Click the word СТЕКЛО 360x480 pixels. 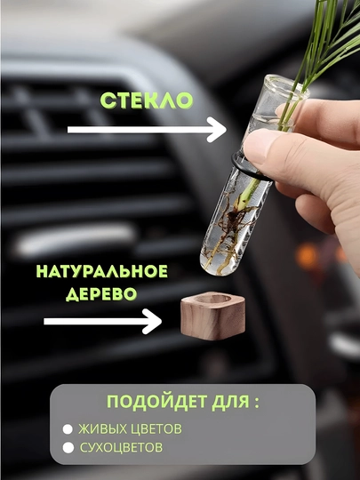click(x=147, y=100)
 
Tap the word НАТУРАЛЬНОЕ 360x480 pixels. click(x=102, y=271)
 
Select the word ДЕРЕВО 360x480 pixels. click(x=101, y=294)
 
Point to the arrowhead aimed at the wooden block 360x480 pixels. click(x=152, y=321)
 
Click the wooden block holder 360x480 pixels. click(x=212, y=316)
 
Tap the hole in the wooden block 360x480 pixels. click(x=213, y=299)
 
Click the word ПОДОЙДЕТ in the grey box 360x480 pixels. click(x=156, y=401)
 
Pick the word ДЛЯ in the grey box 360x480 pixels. click(x=230, y=401)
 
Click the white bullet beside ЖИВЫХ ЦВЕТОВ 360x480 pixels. click(x=68, y=429)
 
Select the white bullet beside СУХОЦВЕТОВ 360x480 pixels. click(x=68, y=447)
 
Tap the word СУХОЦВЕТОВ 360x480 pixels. click(x=121, y=447)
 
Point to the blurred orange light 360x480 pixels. click(x=307, y=257)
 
